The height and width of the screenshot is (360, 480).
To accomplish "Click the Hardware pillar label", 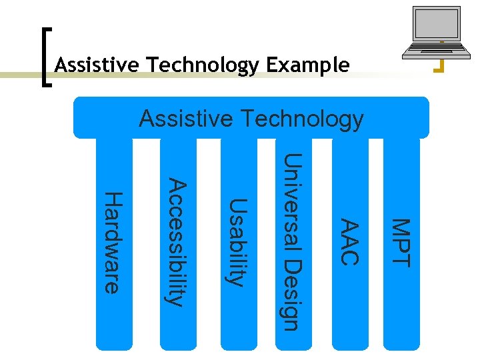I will pos(114,243).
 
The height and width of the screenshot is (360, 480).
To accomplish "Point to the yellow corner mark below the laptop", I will pos(439,67).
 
